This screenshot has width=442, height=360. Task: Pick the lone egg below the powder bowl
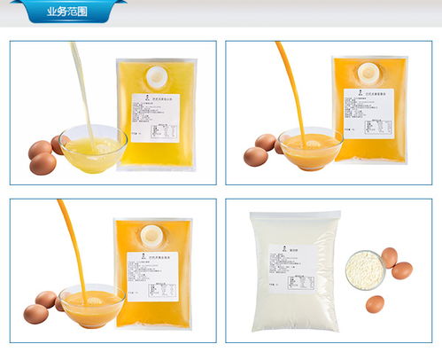click(x=374, y=304)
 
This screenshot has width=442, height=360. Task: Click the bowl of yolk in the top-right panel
click(x=309, y=149)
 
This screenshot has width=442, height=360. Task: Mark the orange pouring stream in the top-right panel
click(x=290, y=84)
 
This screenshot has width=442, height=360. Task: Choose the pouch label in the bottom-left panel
click(x=153, y=277)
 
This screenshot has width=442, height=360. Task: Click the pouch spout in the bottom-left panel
click(x=153, y=233)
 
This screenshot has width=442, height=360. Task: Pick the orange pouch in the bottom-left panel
click(x=153, y=273)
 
